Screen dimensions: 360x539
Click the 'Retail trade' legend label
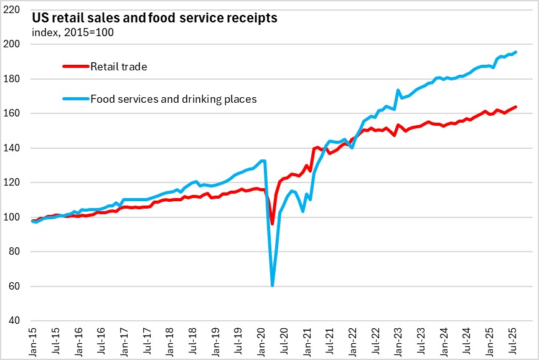click(118, 66)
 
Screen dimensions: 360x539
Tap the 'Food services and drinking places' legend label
click(174, 98)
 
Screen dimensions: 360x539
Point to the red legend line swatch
click(75, 66)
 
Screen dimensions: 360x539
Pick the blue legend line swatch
click(75, 98)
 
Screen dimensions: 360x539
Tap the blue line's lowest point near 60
click(273, 285)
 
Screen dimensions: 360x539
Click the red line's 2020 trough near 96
click(273, 224)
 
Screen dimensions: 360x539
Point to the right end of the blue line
click(516, 52)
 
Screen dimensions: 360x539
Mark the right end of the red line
click(516, 107)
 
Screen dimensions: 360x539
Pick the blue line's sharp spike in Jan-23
click(398, 90)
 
